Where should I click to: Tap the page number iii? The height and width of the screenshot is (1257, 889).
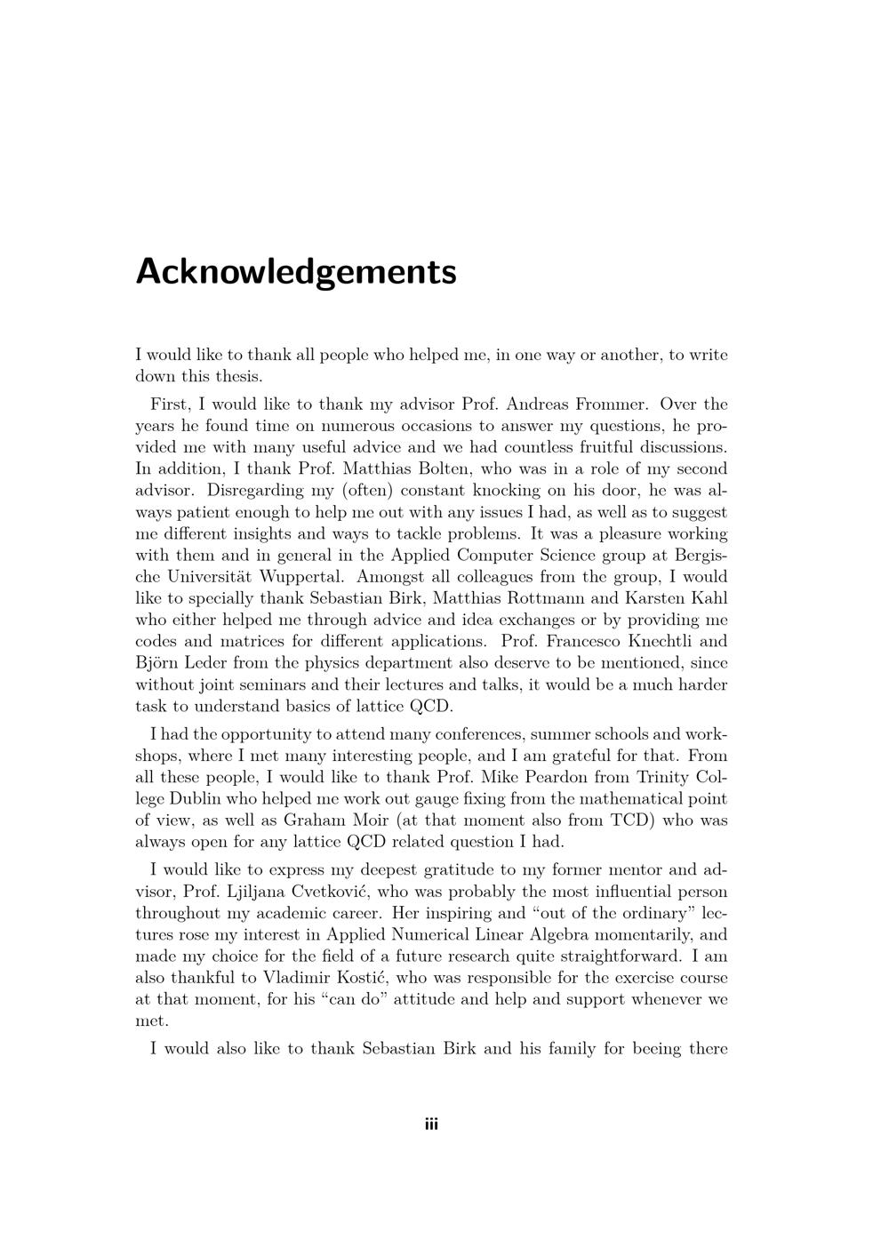(x=431, y=1125)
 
